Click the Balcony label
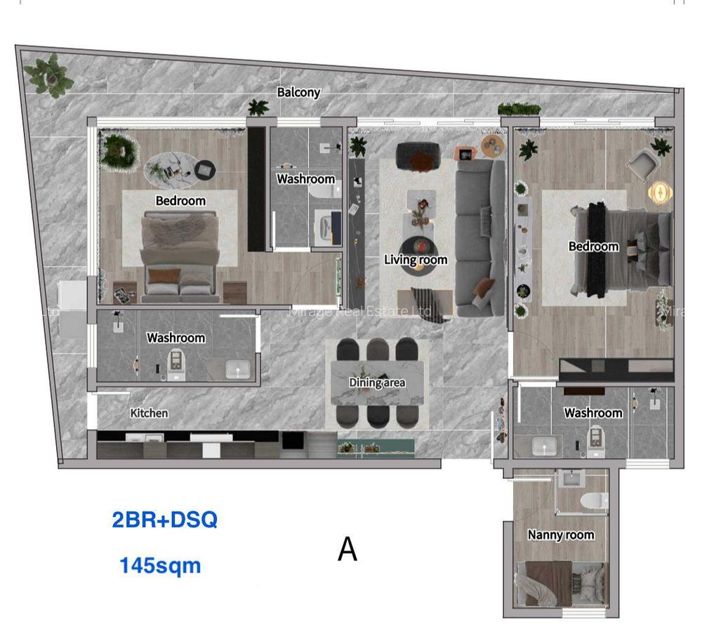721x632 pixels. coord(298,92)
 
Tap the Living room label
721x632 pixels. coord(416,260)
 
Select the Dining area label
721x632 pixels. coord(377,383)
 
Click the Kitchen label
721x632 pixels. coord(149,413)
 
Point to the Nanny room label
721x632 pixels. coord(561,534)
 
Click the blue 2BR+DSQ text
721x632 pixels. coord(165,520)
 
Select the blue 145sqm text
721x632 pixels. coord(160,565)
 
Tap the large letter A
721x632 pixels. coord(348,549)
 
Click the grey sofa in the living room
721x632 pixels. coord(480,235)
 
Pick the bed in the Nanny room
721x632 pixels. coord(560,582)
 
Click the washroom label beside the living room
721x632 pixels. coord(305,179)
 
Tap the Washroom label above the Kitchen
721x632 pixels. coord(176,338)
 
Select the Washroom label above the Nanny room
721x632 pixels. coord(593,413)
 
